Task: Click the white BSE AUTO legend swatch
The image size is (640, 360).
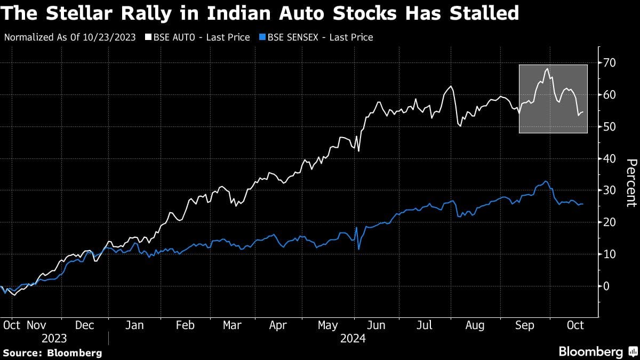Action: (148, 37)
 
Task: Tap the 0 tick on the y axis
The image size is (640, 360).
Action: (606, 286)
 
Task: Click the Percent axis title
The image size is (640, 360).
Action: (631, 182)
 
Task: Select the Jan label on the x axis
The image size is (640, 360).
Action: (134, 325)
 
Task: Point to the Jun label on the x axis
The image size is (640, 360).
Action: (377, 325)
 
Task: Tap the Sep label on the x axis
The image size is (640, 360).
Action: (525, 325)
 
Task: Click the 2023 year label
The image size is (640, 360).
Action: (54, 339)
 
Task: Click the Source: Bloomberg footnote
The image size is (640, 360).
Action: (52, 353)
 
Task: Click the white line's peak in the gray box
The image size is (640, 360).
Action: (547, 68)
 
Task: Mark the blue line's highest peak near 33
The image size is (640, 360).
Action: (546, 181)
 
